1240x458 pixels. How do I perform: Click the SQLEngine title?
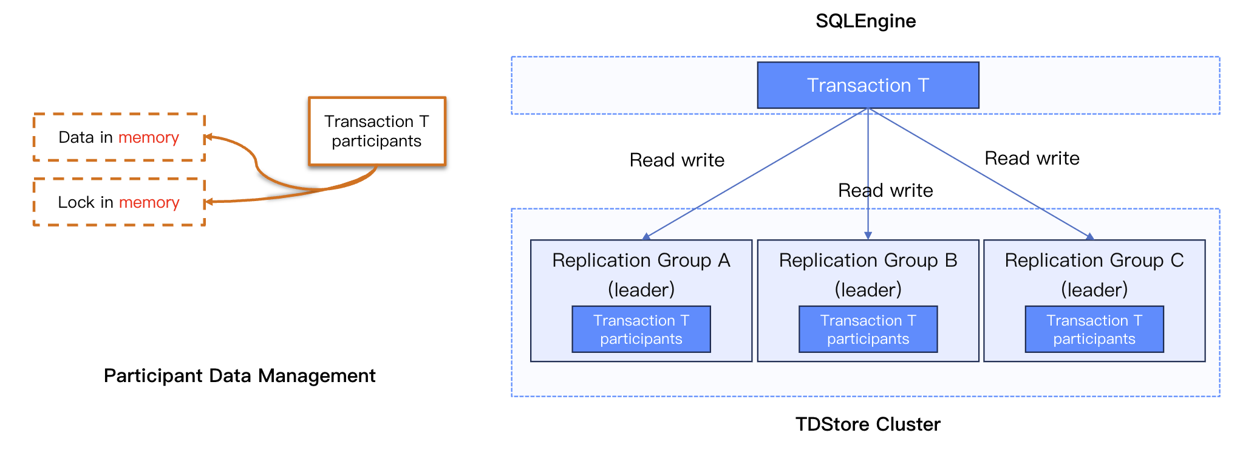tap(865, 21)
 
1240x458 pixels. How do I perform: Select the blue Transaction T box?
tap(868, 86)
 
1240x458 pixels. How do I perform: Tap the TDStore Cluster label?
tap(868, 424)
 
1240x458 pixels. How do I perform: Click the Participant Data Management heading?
tap(239, 375)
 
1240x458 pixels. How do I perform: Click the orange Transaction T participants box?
tap(376, 131)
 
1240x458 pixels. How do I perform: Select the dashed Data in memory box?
tap(118, 137)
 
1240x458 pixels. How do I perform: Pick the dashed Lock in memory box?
tap(118, 202)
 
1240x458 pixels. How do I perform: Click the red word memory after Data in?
tap(149, 138)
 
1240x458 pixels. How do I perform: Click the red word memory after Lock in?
tap(149, 203)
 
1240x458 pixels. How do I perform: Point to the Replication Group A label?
tap(641, 261)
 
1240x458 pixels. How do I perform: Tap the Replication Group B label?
tap(868, 261)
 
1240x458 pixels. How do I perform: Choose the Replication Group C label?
tap(1094, 261)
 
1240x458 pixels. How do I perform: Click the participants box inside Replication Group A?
tap(641, 329)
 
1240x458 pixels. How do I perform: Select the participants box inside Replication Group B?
tap(868, 329)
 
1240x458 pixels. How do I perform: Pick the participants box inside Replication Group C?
tap(1094, 329)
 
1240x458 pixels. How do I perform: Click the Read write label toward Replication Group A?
tap(676, 160)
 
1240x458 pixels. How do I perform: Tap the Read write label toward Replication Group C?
tap(1032, 159)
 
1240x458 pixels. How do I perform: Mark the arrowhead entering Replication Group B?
tap(868, 236)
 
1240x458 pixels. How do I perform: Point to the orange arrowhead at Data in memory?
tap(208, 137)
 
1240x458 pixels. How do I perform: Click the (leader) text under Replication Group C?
tap(1094, 290)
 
